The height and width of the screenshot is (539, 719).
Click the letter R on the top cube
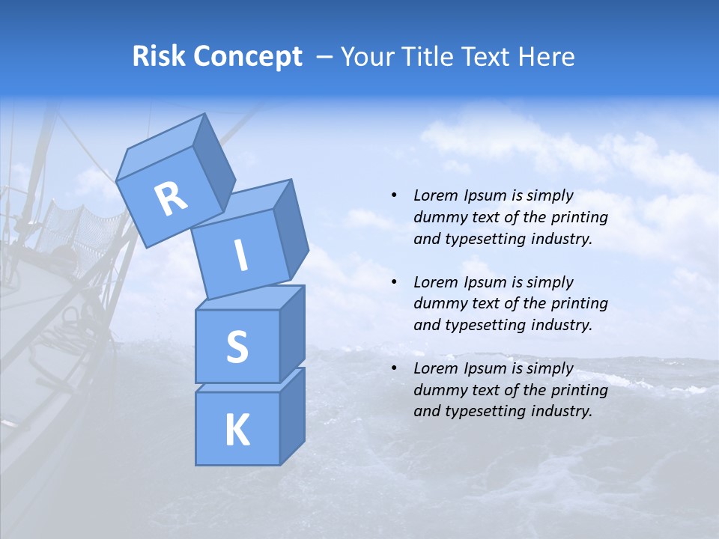pyautogui.click(x=171, y=198)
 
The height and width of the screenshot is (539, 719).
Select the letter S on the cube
pyautogui.click(x=237, y=347)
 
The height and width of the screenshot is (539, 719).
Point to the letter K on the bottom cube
pyautogui.click(x=237, y=430)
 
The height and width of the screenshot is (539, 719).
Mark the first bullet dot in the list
pyautogui.click(x=394, y=196)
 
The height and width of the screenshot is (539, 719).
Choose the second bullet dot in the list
pyautogui.click(x=394, y=282)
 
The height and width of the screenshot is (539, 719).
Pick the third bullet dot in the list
pyautogui.click(x=394, y=368)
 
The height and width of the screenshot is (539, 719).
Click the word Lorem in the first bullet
pyautogui.click(x=434, y=196)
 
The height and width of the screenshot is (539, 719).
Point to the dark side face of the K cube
pyautogui.click(x=292, y=415)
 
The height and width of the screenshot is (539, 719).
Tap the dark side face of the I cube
pyautogui.click(x=291, y=228)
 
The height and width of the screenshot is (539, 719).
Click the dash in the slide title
pyautogui.click(x=324, y=57)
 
